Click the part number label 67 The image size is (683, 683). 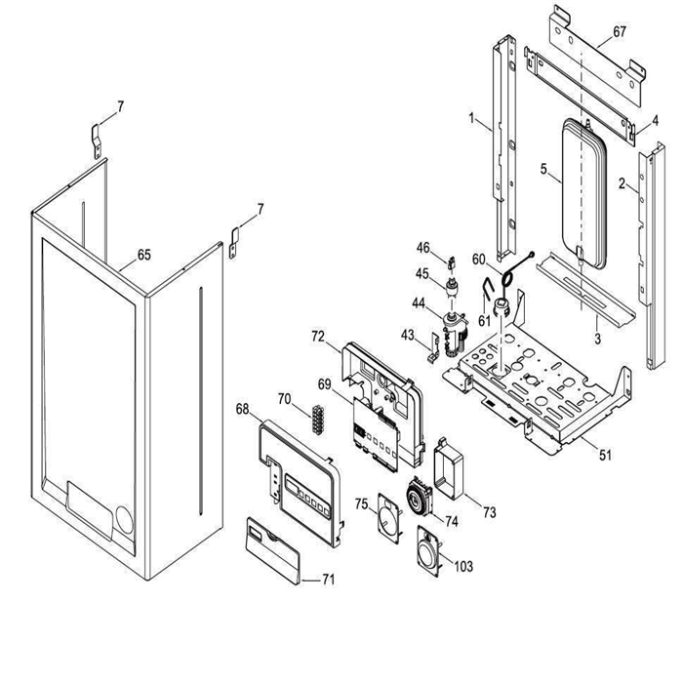point(620,32)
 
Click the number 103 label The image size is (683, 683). point(463,566)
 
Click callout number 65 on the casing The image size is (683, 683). point(143,255)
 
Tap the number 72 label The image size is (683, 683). point(318,336)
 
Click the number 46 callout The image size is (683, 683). point(423,247)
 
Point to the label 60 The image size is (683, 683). point(478,260)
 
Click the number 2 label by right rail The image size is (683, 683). point(621,182)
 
